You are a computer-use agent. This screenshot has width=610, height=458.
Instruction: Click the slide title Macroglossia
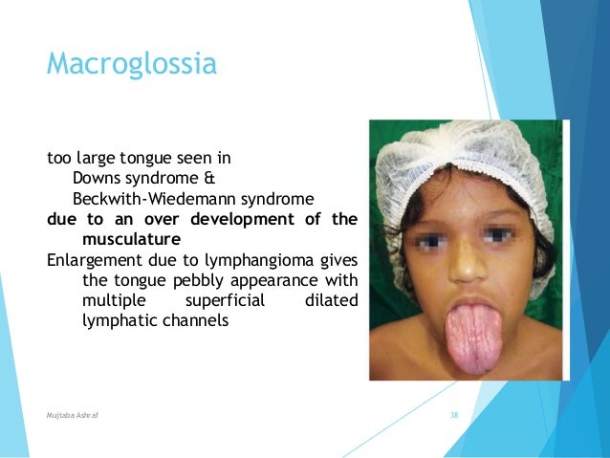pyautogui.click(x=132, y=65)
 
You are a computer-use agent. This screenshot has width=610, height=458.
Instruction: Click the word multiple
pyautogui.click(x=113, y=300)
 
